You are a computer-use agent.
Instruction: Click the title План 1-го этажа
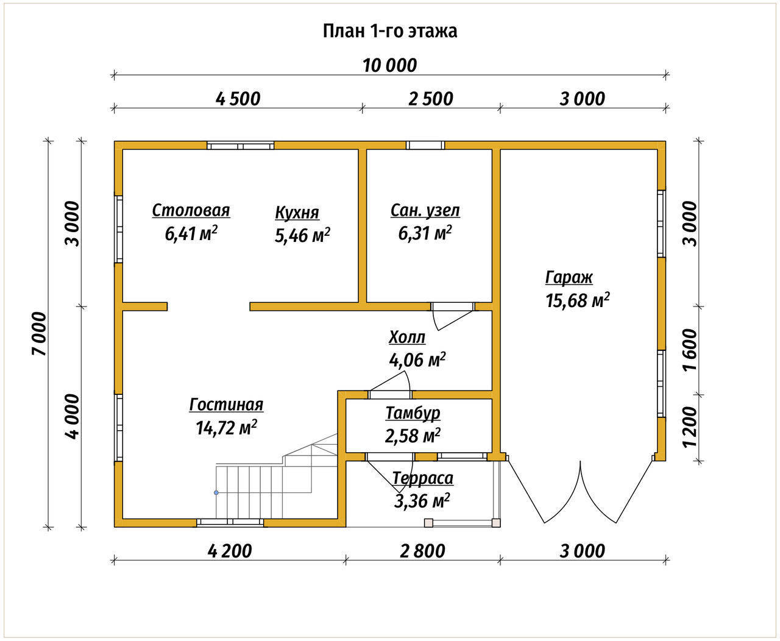[390, 31]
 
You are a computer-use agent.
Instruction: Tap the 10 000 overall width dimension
[390, 65]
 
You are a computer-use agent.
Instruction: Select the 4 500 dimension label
[238, 99]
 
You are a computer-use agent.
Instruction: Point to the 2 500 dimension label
[431, 99]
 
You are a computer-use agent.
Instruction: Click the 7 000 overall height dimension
[40, 334]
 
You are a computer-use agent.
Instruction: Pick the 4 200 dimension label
[230, 551]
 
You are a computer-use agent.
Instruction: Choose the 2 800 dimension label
[422, 551]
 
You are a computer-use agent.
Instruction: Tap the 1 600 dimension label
[690, 350]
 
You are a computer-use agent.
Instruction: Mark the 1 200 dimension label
[690, 427]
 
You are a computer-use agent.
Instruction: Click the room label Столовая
[191, 210]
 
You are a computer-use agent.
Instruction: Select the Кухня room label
[297, 213]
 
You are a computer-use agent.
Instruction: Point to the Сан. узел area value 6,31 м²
[425, 233]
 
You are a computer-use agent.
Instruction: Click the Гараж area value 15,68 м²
[577, 300]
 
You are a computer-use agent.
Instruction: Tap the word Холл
[407, 337]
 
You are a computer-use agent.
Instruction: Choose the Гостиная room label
[226, 405]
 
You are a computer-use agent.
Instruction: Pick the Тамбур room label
[413, 413]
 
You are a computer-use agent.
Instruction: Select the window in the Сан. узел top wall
[425, 145]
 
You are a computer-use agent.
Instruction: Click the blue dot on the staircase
[216, 493]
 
